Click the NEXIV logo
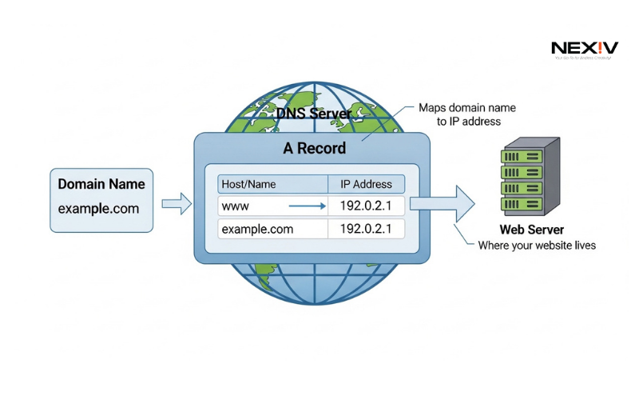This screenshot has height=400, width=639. [585, 50]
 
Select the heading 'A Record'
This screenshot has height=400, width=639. [314, 148]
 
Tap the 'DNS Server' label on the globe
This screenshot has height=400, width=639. [313, 114]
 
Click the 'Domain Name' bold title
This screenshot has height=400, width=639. [101, 184]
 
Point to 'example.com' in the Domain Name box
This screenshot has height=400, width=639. [98, 209]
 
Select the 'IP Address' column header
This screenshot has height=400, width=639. [366, 184]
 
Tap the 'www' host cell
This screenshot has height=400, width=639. [236, 206]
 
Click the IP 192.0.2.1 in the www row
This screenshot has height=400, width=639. [366, 206]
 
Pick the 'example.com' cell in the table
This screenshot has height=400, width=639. [257, 229]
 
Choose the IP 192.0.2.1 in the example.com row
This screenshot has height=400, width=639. [366, 229]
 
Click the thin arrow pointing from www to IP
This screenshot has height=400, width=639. [307, 206]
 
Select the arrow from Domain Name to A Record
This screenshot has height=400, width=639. [177, 204]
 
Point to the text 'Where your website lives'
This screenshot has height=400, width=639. [537, 246]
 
